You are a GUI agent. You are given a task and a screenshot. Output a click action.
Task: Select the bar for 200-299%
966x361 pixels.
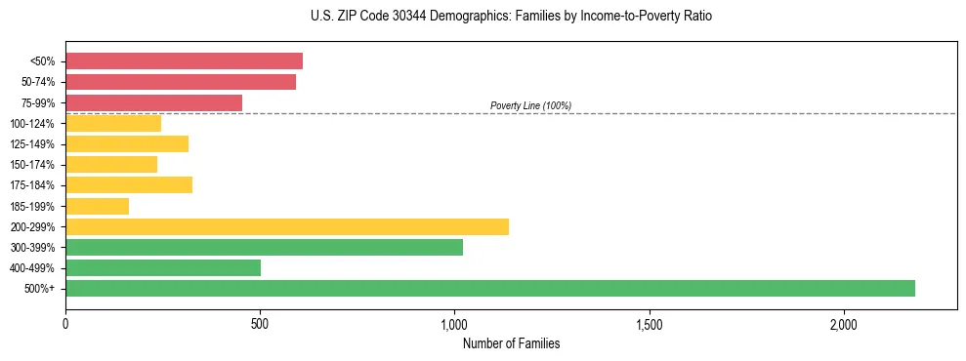(x=287, y=226)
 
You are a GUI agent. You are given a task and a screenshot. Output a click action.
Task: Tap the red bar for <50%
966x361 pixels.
(x=184, y=61)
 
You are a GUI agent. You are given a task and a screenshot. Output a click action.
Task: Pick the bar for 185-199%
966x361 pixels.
(x=97, y=206)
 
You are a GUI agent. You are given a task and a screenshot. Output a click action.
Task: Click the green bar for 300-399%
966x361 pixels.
(x=264, y=247)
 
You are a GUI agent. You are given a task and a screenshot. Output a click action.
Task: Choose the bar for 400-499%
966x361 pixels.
(x=163, y=267)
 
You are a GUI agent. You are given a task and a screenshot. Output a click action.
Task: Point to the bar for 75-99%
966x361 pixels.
(x=153, y=102)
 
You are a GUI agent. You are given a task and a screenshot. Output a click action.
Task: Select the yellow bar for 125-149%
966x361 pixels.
(x=127, y=144)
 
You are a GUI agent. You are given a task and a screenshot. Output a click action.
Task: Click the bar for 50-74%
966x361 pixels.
(x=181, y=82)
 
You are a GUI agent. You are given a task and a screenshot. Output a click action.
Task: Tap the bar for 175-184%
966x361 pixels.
(x=129, y=185)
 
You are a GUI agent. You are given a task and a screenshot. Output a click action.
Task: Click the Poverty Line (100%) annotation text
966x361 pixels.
(x=530, y=105)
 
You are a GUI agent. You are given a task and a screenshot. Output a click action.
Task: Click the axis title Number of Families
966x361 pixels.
(x=511, y=343)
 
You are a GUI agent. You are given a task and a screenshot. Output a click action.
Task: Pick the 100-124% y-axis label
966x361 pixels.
(x=32, y=124)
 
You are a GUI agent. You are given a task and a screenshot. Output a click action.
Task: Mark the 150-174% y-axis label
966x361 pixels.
(x=32, y=165)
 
